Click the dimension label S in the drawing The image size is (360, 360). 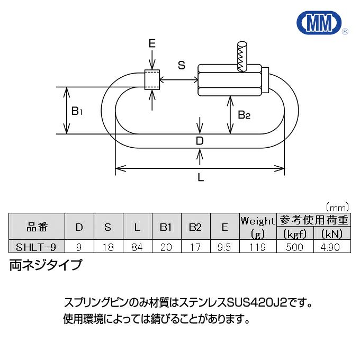point(181,66)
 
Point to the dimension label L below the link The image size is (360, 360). point(201,178)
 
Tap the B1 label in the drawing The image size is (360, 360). point(78,111)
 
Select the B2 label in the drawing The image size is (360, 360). point(244,114)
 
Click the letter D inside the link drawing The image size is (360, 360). point(200,140)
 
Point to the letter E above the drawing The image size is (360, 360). point(152,44)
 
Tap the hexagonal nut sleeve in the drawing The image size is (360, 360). point(230,79)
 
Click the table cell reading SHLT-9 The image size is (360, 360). point(37,247)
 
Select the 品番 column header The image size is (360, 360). point(37,228)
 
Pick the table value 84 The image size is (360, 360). point(137,247)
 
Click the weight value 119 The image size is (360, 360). point(258,247)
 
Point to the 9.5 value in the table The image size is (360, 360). point(224,247)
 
